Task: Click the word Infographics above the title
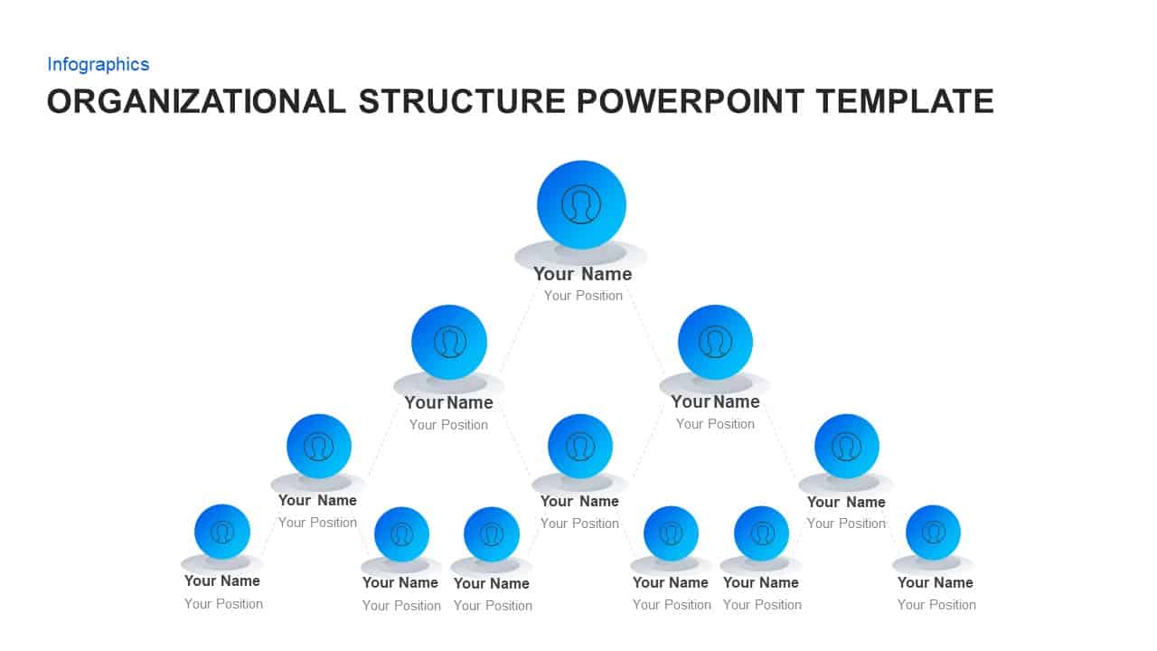click(x=98, y=64)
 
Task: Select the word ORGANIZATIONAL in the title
click(x=196, y=101)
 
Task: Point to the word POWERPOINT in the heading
click(x=690, y=101)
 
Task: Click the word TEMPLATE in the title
click(x=904, y=101)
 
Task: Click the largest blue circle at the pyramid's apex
click(x=581, y=204)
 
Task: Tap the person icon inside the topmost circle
click(x=581, y=204)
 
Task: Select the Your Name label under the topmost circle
click(x=582, y=274)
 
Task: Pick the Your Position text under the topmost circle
click(x=583, y=296)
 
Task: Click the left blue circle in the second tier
click(x=449, y=342)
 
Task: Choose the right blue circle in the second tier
click(x=715, y=342)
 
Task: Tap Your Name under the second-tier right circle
click(x=715, y=401)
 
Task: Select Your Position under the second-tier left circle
click(x=448, y=425)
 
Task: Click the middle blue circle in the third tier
click(x=580, y=446)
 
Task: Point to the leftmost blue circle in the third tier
click(x=318, y=446)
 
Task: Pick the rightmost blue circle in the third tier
click(x=846, y=446)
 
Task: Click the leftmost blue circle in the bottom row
click(x=222, y=532)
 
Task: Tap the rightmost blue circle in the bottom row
click(x=933, y=532)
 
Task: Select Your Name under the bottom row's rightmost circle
click(x=935, y=582)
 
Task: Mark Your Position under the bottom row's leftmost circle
click(x=223, y=604)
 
